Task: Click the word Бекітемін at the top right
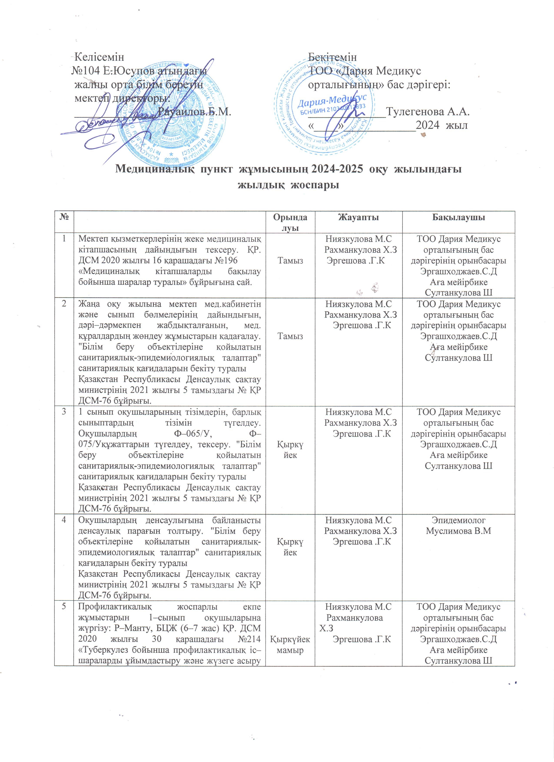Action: click(x=332, y=57)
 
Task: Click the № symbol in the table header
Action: click(x=64, y=217)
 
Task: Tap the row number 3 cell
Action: click(x=64, y=412)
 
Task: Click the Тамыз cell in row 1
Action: click(x=291, y=260)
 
